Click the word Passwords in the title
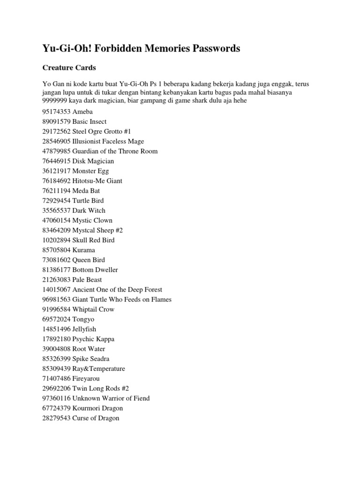coord(212,49)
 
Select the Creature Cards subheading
coord(69,68)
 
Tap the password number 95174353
coord(56,112)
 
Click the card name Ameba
coord(82,112)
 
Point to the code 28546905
coord(56,142)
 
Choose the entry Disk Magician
coord(93,161)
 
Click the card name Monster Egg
coord(90,171)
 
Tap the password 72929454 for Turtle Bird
coord(56,201)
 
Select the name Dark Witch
coord(89,210)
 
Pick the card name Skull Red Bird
coord(93,240)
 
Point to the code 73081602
coord(56,260)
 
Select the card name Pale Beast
coord(87,279)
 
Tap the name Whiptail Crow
coord(93,309)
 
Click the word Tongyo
coord(83,319)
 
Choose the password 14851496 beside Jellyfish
coord(56,329)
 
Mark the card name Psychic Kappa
coord(93,339)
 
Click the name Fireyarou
coord(86,378)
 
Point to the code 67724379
coord(56,408)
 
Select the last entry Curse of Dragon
coord(96,418)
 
